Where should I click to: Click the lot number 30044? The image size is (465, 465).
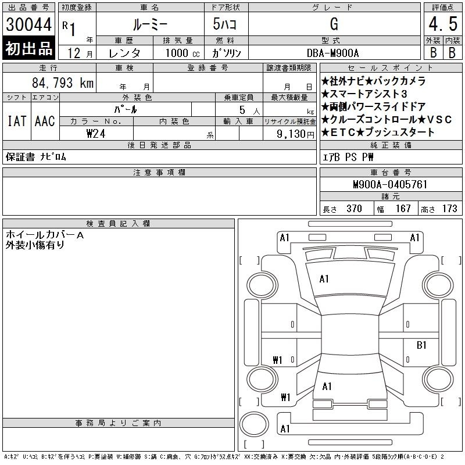(28, 24)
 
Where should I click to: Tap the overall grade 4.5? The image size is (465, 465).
(443, 24)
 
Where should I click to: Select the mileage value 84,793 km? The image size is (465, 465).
(63, 83)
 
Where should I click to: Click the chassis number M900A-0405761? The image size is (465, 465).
(390, 184)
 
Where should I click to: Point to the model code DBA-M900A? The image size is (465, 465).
(332, 53)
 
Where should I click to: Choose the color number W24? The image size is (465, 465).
(96, 134)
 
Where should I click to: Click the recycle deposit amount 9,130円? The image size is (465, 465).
(295, 134)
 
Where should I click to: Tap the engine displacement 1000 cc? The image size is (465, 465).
(183, 53)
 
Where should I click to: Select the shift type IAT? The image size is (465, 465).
(17, 121)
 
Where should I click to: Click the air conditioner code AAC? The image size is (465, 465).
(45, 121)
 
